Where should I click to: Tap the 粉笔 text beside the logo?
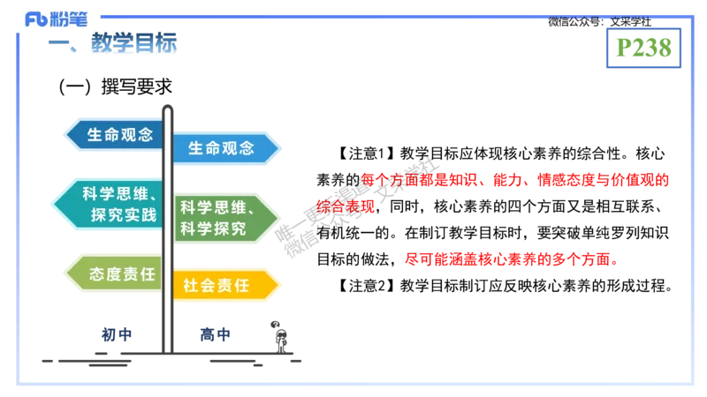click(70, 19)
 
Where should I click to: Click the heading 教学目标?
click(133, 43)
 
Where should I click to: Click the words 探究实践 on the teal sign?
click(123, 214)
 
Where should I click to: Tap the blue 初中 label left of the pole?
click(115, 334)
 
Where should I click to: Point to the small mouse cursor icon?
click(277, 326)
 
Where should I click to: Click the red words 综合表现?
click(346, 207)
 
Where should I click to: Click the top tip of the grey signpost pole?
click(167, 104)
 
